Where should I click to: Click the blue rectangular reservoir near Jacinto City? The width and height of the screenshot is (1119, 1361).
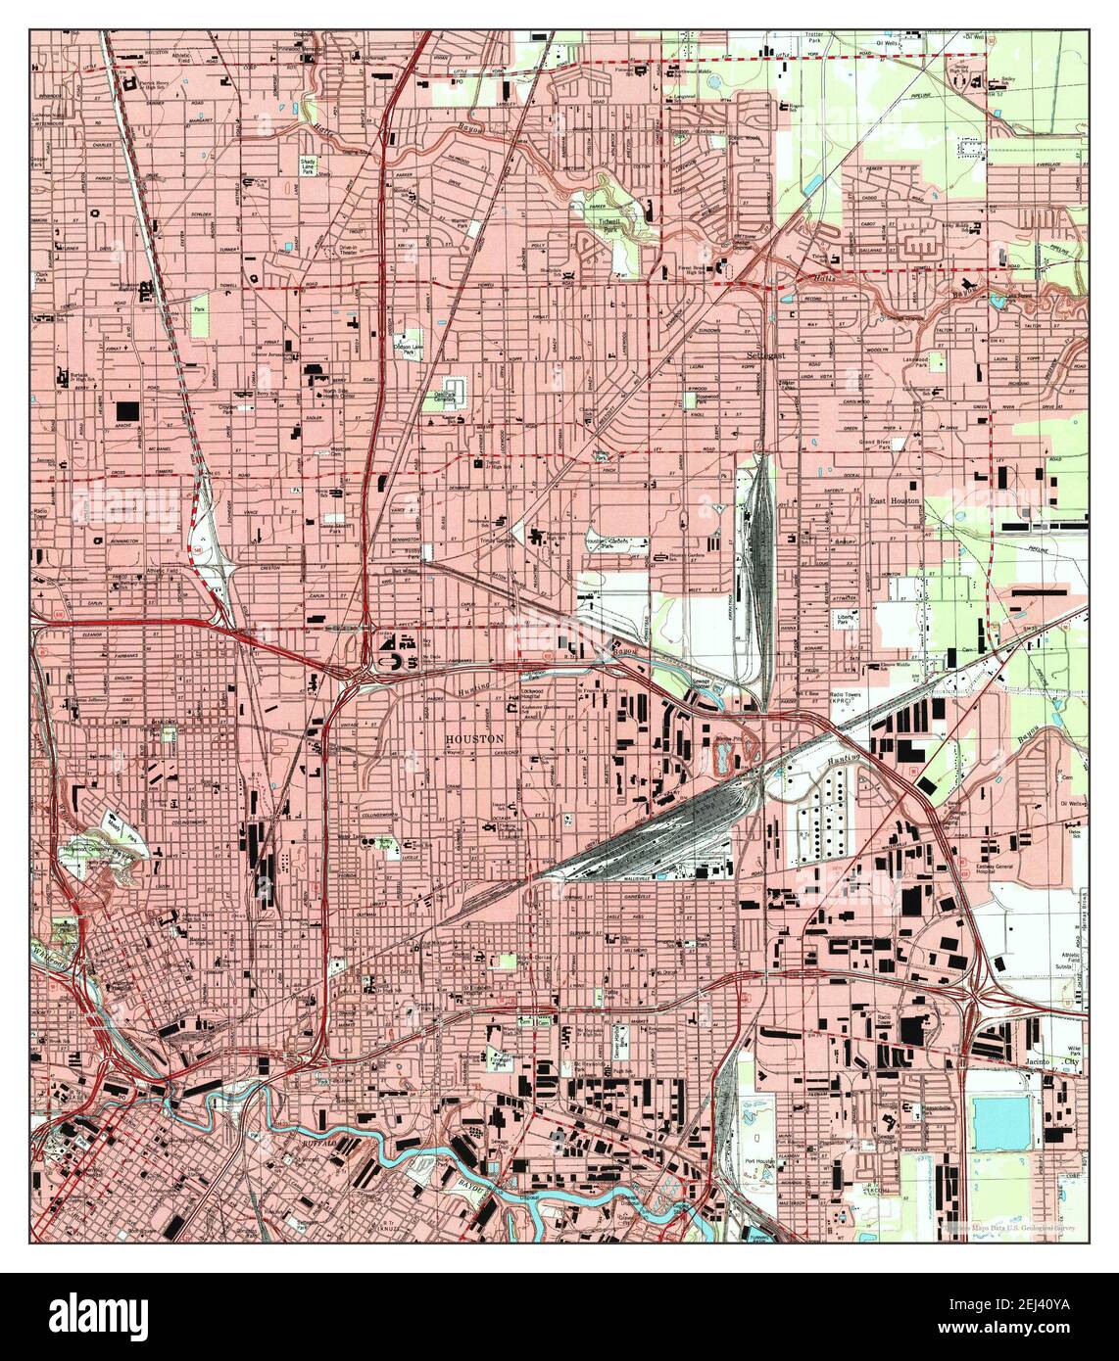[x=1002, y=1120]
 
